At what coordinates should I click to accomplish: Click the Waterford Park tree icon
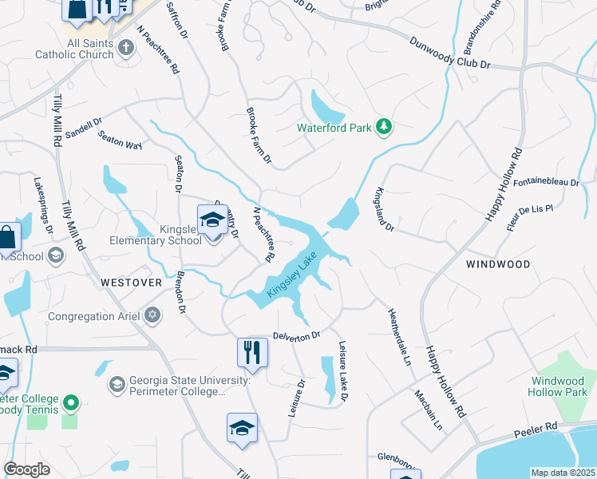pos(385,127)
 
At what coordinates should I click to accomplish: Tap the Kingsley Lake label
pos(292,276)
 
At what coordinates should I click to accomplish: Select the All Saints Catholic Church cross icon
pos(125,49)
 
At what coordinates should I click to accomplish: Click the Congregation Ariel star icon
pos(153,316)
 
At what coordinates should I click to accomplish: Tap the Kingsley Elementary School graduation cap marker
pos(212,220)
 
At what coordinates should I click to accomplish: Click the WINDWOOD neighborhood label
pos(499,263)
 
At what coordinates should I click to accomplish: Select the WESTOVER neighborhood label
pos(132,283)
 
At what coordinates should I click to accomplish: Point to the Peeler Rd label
pos(540,430)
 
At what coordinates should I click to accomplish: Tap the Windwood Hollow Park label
pos(561,386)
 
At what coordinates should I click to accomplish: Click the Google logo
pos(26,469)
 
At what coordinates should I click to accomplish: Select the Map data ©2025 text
pos(563,473)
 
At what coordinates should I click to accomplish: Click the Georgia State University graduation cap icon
pos(117,385)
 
